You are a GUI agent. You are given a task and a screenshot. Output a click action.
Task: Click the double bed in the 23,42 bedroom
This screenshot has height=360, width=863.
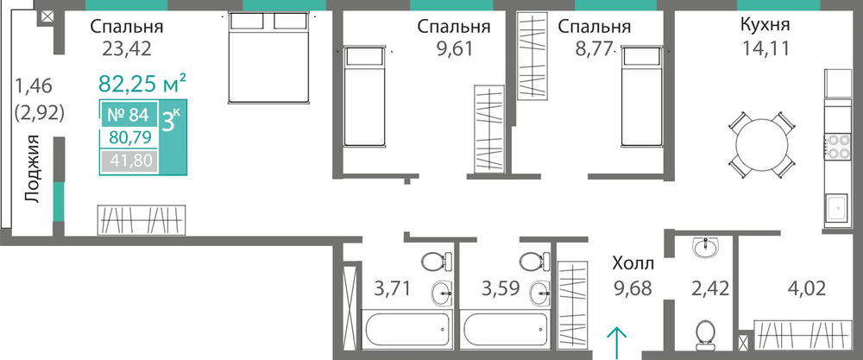coord(269,57)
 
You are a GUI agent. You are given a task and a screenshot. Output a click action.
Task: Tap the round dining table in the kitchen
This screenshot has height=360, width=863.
coord(762,145)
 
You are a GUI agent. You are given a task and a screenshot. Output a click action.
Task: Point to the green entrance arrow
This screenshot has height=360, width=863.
coord(617,340)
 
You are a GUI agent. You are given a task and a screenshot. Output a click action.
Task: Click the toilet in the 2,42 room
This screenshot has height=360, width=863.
coord(704,336)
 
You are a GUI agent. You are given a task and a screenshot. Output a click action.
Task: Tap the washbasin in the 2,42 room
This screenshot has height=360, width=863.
coord(706,249)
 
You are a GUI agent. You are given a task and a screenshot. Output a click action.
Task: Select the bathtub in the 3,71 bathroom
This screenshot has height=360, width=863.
coord(406,330)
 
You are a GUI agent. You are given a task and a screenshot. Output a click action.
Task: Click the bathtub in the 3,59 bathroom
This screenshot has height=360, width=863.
coord(504,330)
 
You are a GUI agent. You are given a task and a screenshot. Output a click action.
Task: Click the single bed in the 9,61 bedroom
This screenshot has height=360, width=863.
coord(363,97)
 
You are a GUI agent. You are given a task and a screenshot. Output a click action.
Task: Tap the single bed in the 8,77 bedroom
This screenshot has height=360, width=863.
coord(641,97)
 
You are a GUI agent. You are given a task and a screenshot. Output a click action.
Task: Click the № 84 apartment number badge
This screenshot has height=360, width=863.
coord(129,115)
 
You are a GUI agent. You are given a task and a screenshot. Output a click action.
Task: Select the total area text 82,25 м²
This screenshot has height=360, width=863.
coord(142,85)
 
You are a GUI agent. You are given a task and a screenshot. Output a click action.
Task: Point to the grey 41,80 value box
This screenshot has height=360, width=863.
coord(129,161)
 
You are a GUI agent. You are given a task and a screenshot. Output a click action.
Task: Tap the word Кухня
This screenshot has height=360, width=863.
coord(765,25)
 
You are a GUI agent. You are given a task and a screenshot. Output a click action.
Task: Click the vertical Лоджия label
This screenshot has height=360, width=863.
coord(33,168)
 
